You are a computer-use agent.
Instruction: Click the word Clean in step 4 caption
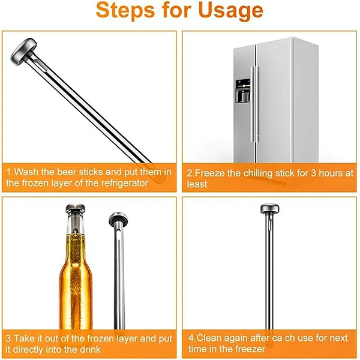pos(210,338)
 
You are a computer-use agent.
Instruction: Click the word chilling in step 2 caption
pos(258,173)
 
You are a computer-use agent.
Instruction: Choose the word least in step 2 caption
pos(197,184)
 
